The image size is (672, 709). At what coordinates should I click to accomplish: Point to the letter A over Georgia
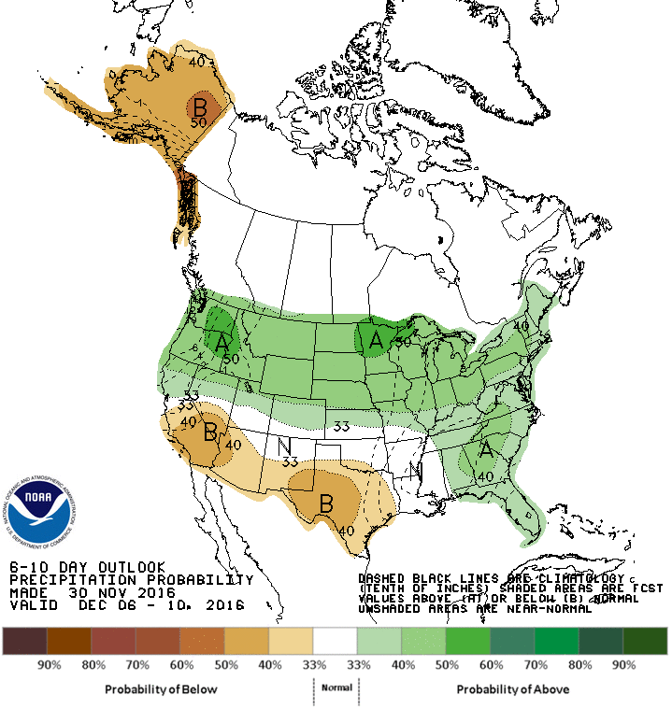pyautogui.click(x=486, y=450)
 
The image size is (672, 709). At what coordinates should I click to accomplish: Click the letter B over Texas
pyautogui.click(x=326, y=503)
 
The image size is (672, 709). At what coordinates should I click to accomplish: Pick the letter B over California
pyautogui.click(x=210, y=432)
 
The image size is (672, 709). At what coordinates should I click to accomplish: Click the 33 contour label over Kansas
pyautogui.click(x=341, y=427)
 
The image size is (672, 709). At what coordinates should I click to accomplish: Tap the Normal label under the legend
pyautogui.click(x=336, y=688)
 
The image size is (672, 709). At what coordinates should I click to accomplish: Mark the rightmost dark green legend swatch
pyautogui.click(x=646, y=640)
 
